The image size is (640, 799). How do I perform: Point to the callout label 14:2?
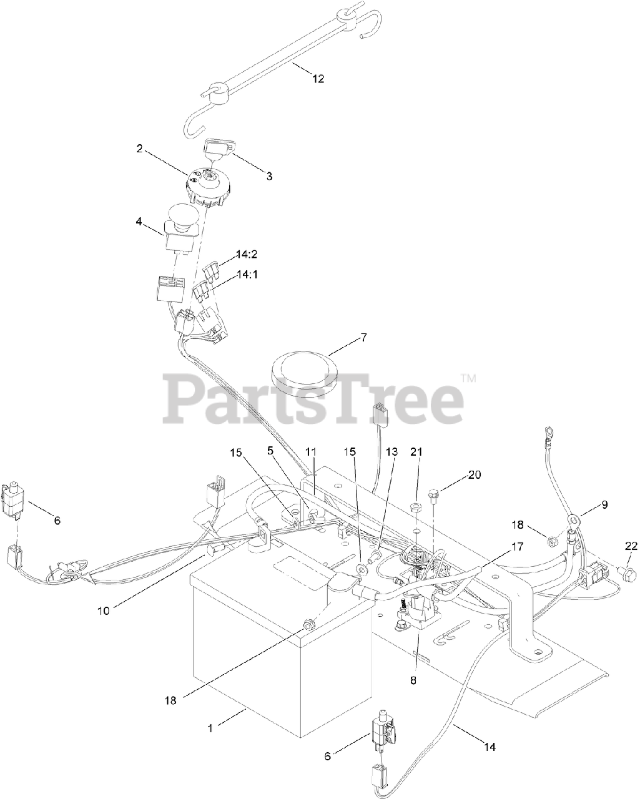[x=247, y=254]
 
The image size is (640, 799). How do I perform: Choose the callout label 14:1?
[x=247, y=274]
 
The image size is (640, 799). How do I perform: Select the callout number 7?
[x=363, y=337]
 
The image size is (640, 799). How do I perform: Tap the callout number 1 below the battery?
[x=210, y=727]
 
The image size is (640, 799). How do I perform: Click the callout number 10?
[x=103, y=610]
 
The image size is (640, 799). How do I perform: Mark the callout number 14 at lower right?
[x=490, y=746]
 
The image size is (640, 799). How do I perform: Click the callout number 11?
[x=311, y=451]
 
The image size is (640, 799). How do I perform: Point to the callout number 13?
[x=391, y=451]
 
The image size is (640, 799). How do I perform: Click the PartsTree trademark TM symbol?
[x=469, y=378]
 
